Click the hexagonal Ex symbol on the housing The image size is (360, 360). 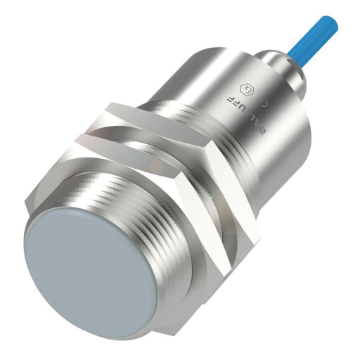247,90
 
